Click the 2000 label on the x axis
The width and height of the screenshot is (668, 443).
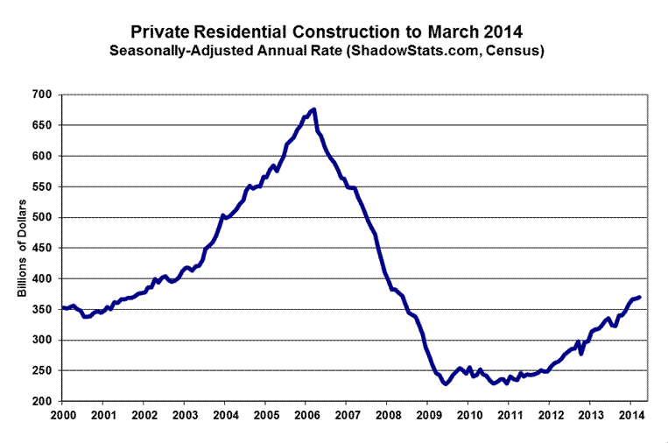[63, 415]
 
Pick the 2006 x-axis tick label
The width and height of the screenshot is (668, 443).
[306, 415]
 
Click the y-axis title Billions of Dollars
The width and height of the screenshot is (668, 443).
[23, 248]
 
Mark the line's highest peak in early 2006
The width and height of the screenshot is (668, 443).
[313, 109]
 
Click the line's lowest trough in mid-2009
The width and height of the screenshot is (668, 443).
[446, 383]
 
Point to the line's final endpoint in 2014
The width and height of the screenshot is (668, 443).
[639, 297]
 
